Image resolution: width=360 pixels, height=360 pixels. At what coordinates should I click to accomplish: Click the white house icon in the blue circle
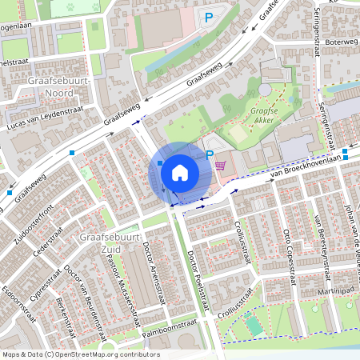(x=180, y=171)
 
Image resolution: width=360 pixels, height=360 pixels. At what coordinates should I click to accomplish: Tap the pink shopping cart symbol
(x=221, y=165)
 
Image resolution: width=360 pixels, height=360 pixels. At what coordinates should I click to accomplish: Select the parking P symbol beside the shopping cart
(x=210, y=155)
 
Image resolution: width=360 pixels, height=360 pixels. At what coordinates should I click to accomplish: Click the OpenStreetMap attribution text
(x=80, y=354)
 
